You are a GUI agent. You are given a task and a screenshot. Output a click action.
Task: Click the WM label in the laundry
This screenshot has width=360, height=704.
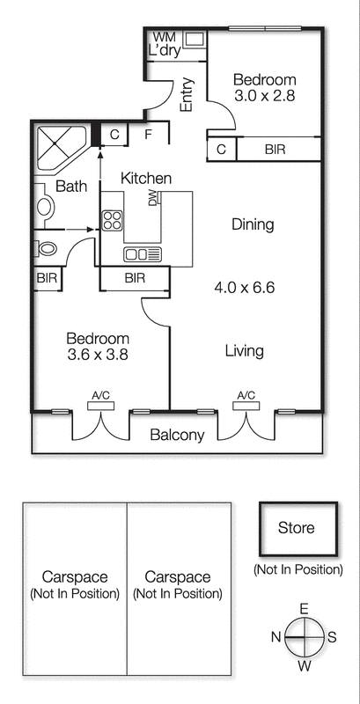click(x=164, y=38)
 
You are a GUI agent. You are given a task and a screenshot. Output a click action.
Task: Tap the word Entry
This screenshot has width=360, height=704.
click(x=187, y=95)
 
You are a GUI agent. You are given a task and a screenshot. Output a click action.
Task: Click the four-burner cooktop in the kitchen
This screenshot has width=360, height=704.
click(x=112, y=220)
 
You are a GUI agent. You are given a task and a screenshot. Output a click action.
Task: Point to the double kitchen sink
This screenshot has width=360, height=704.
click(x=136, y=254)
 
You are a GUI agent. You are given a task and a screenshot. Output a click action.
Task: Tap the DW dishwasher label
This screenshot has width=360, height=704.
click(x=153, y=199)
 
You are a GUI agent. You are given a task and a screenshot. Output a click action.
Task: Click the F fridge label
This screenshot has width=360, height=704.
click(x=149, y=135)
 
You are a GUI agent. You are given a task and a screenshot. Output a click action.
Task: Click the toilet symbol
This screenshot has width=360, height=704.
click(x=46, y=247)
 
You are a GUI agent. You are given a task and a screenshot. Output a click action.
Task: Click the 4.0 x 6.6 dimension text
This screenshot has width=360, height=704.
click(x=245, y=287)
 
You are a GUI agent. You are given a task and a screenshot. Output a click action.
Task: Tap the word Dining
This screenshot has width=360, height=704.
click(x=253, y=224)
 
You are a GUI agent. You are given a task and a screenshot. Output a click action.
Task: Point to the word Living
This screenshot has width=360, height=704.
click(x=244, y=351)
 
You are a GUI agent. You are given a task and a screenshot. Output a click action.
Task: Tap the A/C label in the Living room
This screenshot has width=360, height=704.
click(x=246, y=395)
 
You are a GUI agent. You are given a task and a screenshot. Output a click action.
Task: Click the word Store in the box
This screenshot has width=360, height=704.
click(x=296, y=528)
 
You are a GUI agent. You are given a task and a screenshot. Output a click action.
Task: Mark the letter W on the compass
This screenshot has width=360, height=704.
click(x=304, y=666)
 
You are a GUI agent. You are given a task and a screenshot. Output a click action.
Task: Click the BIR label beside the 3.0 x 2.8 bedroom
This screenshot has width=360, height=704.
click(x=276, y=150)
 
